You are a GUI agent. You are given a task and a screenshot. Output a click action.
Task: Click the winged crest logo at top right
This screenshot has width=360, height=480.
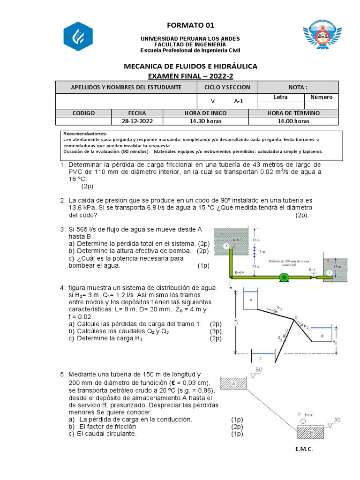coord(322,37)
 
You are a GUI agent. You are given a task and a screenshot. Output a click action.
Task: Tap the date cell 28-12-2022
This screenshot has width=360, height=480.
coord(137,121)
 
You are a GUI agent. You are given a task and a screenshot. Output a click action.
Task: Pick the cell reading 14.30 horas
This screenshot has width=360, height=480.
coord(205,121)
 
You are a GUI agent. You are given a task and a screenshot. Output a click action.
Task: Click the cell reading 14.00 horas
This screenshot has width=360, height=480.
coord(293,121)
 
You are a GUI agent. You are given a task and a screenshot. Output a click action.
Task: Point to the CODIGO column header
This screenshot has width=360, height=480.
coord(83,113)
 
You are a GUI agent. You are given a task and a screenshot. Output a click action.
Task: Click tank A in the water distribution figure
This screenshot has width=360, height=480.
coord(251,299)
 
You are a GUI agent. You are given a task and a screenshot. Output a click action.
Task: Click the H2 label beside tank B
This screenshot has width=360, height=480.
coord(334,343)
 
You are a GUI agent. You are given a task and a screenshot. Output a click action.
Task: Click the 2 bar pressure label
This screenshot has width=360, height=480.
coord(306,414)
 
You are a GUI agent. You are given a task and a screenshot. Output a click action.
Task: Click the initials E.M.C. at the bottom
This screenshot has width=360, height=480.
coord(303,449)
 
